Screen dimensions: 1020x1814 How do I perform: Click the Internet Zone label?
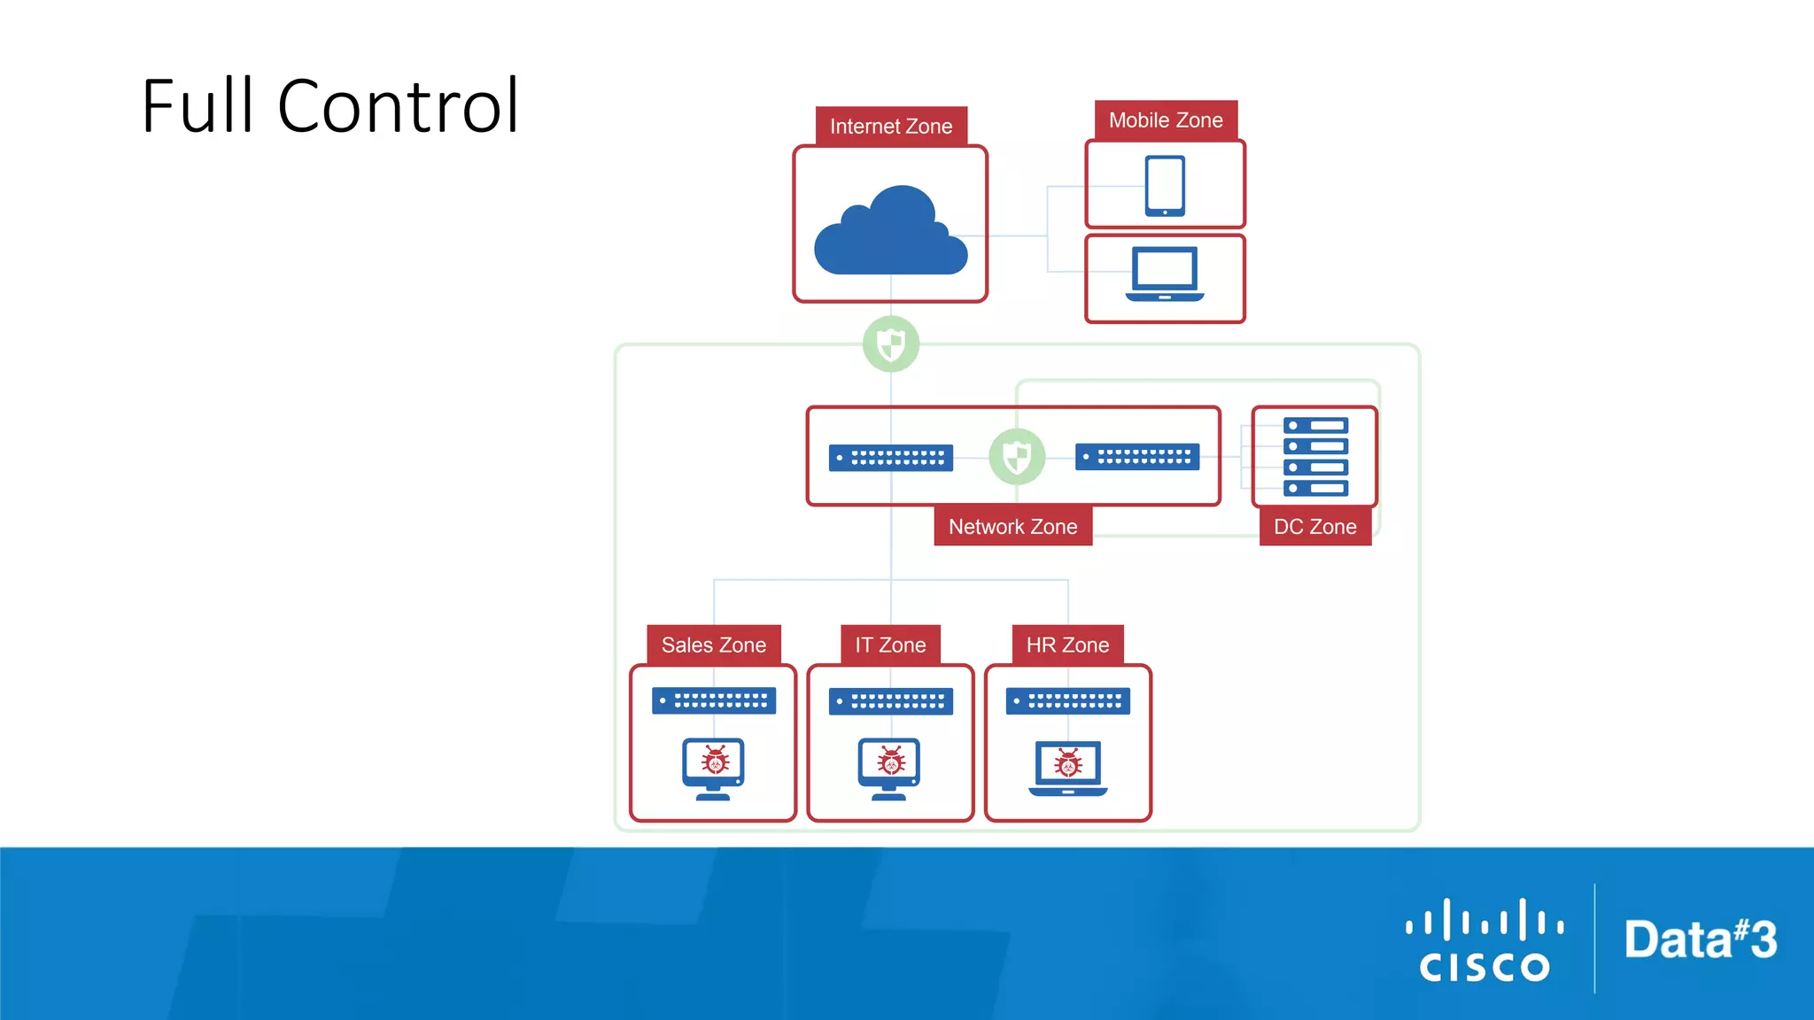890,127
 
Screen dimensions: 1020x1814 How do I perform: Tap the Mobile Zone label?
1166,120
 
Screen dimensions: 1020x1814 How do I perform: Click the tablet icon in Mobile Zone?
1165,186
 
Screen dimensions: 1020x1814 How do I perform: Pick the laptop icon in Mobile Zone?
1165,274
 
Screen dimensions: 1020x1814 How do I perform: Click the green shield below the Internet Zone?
891,344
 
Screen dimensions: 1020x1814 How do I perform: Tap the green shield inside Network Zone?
1017,457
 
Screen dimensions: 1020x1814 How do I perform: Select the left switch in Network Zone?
891,458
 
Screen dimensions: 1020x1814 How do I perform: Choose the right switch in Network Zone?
1137,457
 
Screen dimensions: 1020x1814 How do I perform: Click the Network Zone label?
1012,527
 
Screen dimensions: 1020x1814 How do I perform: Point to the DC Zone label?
1314,527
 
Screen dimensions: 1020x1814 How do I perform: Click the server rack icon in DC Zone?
1315,456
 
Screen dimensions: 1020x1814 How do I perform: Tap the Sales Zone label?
713,645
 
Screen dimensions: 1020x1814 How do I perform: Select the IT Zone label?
890,645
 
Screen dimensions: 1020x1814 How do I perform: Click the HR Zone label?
1067,645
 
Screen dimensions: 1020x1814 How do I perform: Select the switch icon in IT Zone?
891,701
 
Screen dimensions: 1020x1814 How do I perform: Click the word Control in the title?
398,106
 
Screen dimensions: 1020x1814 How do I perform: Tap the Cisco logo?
1485,940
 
